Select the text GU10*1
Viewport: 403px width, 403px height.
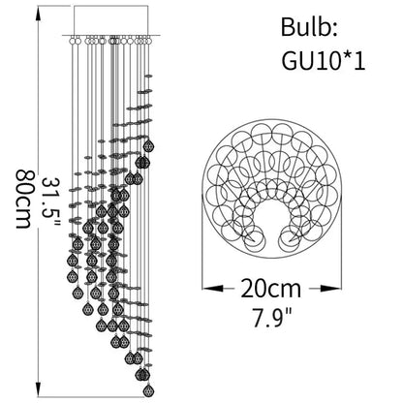tap(324, 60)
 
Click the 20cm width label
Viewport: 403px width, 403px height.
tap(271, 289)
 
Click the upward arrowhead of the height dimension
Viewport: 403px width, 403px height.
tap(39, 15)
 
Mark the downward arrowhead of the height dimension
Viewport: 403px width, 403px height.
tap(39, 388)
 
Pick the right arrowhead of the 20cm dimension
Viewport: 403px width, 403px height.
tap(331, 288)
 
